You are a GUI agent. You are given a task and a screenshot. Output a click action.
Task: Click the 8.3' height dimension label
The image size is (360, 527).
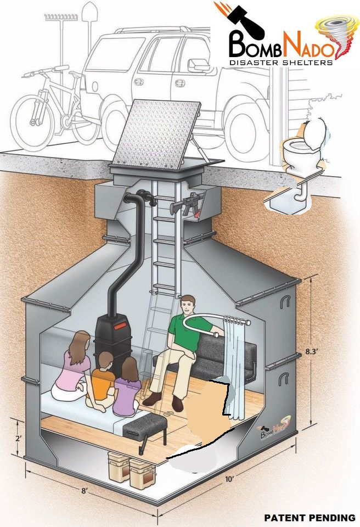point(312,352)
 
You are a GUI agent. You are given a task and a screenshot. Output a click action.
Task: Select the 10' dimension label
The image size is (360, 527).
point(229,479)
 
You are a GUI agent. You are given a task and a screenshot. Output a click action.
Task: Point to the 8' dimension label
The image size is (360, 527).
point(84,491)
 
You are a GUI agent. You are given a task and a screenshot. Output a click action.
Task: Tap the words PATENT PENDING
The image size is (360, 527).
point(310,518)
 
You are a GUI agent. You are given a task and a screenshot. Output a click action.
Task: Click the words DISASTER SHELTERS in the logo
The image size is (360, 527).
point(280,62)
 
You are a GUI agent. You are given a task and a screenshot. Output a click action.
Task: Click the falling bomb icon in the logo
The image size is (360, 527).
point(244,20)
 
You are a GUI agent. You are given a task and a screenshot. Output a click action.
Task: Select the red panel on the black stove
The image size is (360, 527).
point(120,326)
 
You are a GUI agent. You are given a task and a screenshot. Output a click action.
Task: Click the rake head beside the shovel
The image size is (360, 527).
point(61,17)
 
